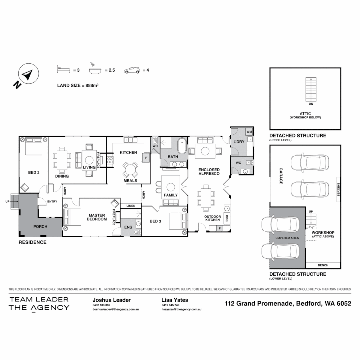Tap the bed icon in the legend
point(63,70)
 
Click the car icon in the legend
point(132,70)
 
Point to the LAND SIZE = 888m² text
point(77,85)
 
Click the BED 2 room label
point(34,172)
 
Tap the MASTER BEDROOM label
point(97,217)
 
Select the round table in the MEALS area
point(130,170)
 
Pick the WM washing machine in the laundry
point(249,132)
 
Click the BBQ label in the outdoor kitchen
point(227,218)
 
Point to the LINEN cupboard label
point(131,206)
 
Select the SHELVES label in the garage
point(338,189)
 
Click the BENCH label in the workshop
point(323,265)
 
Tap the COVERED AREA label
point(287,238)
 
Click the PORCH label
point(40,227)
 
